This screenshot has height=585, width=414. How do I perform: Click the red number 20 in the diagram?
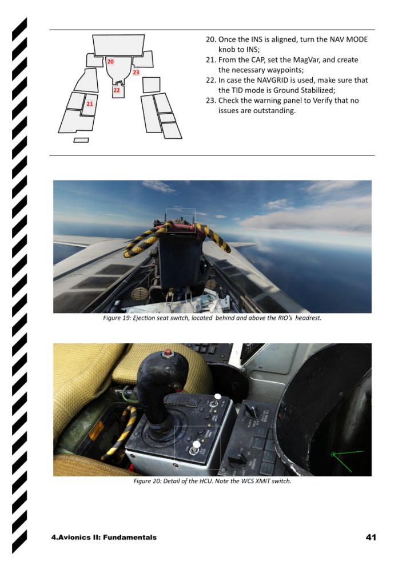click(110, 61)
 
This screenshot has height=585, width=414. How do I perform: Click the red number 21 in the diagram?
click(90, 104)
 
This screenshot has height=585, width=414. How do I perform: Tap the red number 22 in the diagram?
click(117, 90)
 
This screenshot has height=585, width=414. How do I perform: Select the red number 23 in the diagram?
click(136, 73)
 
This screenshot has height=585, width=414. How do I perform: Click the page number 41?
click(371, 537)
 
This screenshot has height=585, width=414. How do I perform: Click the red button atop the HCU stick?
click(168, 352)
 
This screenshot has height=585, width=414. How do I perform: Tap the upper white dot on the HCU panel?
click(218, 396)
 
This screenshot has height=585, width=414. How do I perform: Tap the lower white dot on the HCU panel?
click(196, 444)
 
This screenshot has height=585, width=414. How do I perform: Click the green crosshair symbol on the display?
click(333, 454)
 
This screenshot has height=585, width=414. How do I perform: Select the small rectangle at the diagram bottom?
click(81, 141)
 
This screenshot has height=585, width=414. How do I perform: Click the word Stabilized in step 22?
click(317, 90)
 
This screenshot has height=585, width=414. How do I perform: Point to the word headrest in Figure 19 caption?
click(308, 318)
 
